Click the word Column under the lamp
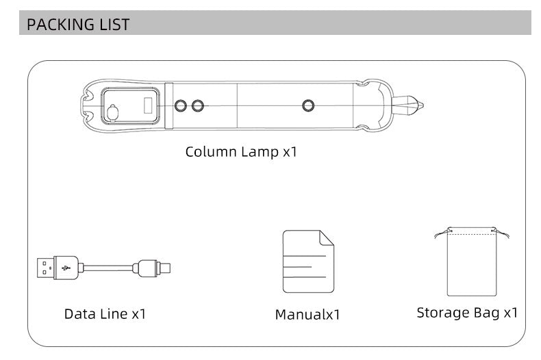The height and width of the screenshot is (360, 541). pyautogui.click(x=210, y=151)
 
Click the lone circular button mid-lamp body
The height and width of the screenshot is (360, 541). pyautogui.click(x=308, y=105)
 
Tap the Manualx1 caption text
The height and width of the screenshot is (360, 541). pyautogui.click(x=307, y=315)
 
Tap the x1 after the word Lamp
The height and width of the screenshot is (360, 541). pyautogui.click(x=290, y=151)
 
